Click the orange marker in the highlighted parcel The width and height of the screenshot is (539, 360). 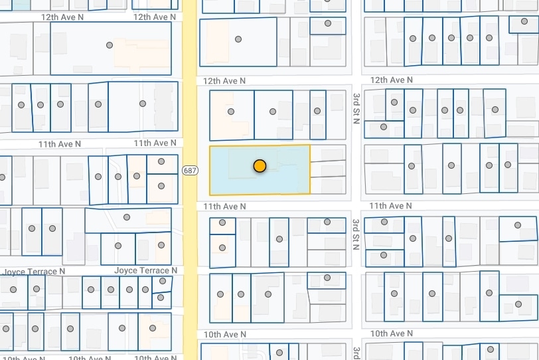(260, 166)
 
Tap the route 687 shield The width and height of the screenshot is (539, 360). (190, 171)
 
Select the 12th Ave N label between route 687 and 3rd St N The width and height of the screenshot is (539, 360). (224, 80)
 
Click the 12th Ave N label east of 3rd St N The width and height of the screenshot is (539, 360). (387, 80)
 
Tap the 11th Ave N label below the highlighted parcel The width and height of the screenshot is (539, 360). (224, 207)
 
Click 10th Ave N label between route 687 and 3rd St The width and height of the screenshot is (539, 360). (224, 334)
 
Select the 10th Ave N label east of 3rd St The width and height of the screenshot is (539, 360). (387, 333)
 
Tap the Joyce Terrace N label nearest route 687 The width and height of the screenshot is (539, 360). (145, 270)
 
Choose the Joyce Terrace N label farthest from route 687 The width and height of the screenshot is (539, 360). (34, 271)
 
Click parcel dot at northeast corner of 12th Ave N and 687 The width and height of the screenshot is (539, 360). (237, 39)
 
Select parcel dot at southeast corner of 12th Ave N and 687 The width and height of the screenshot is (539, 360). (231, 112)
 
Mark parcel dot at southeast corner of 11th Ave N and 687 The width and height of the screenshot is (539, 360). (222, 223)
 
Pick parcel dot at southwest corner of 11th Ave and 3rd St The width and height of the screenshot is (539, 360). (327, 222)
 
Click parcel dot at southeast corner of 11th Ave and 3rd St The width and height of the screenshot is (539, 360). (384, 222)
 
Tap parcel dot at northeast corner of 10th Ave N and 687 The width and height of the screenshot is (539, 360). (220, 294)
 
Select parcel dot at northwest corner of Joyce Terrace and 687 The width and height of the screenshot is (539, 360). (161, 245)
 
